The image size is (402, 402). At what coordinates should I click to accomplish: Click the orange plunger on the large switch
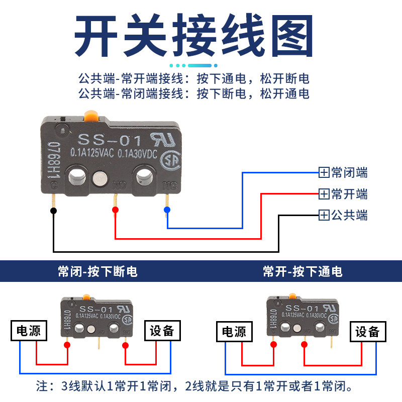pos(91,115)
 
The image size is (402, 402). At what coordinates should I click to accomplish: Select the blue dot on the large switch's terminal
pos(167,210)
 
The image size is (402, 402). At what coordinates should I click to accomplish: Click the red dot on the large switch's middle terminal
pos(115,210)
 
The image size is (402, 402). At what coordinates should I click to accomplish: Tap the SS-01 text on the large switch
pos(110,139)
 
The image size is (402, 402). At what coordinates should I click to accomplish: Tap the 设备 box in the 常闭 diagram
pos(162,330)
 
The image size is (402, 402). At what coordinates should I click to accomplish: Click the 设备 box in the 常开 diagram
pos(371,332)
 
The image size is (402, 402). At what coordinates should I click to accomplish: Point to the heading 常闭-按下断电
pos(97,272)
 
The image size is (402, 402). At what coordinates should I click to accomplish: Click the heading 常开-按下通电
pos(303,272)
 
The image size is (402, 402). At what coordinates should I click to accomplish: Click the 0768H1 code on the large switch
pos(51,158)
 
